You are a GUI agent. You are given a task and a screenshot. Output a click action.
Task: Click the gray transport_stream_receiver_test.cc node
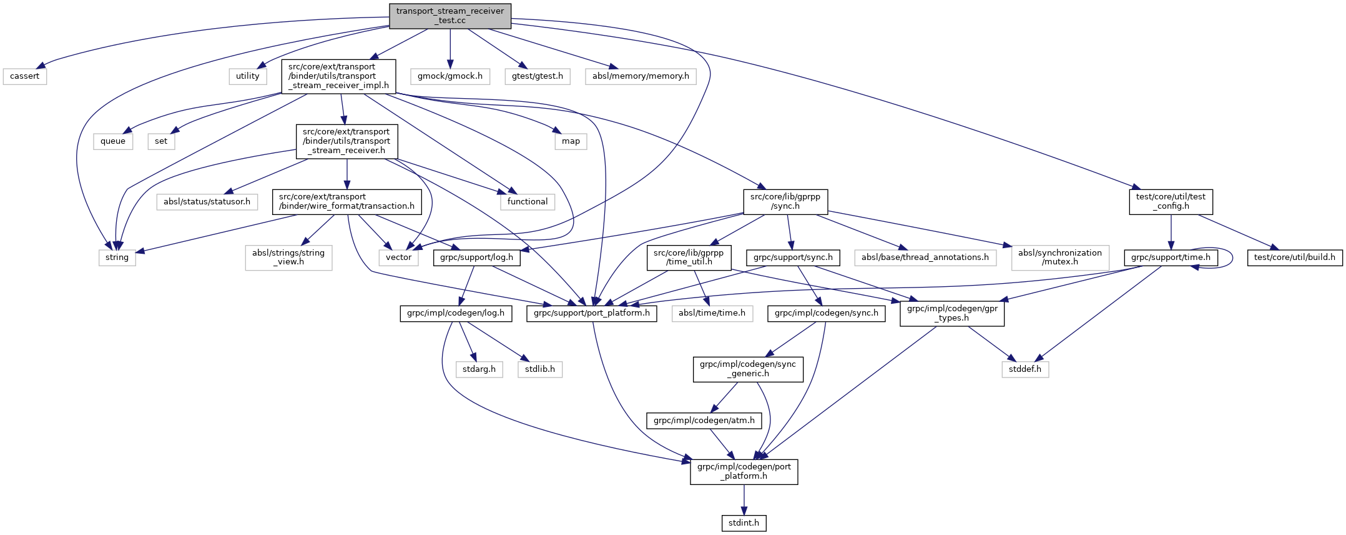[450, 16]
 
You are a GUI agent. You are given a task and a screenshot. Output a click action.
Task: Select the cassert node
[25, 76]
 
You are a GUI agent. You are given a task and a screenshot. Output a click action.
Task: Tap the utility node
[248, 76]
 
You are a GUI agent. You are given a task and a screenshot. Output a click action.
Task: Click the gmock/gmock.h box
[450, 76]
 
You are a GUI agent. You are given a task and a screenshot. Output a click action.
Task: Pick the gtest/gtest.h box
[538, 76]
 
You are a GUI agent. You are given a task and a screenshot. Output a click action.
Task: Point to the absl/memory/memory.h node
[641, 76]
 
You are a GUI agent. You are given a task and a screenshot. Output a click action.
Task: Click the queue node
[113, 141]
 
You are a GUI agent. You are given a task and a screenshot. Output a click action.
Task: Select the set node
[161, 141]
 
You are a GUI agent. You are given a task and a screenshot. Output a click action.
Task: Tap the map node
[571, 141]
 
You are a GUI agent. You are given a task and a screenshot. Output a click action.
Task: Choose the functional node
[528, 202]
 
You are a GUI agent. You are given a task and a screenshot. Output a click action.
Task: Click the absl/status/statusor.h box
[207, 202]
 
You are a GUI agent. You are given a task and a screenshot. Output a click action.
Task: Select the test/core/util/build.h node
[1294, 257]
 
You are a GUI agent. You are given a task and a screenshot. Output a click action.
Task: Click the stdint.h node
[744, 523]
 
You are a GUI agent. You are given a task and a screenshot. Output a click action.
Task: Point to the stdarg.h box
[479, 369]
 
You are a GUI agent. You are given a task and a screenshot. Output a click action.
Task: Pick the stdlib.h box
[540, 369]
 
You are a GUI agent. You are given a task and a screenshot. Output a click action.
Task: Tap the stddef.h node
[1025, 369]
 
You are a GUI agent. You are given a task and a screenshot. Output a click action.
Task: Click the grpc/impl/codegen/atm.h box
[704, 421]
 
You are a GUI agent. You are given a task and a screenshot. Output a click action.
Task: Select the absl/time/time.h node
[712, 313]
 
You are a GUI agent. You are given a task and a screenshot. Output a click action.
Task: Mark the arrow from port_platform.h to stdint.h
[744, 499]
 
